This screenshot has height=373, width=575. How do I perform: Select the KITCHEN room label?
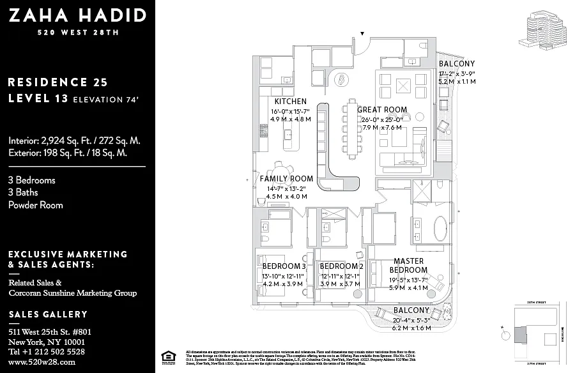(291, 102)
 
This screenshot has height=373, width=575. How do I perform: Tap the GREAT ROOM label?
(382, 110)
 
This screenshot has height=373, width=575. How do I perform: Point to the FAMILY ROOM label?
(286, 179)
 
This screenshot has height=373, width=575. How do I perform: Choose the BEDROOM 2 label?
(342, 266)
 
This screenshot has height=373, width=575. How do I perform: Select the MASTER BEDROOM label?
(409, 266)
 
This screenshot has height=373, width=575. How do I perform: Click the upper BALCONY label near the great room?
(457, 64)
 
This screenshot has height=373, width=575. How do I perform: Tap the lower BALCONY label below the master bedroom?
(411, 311)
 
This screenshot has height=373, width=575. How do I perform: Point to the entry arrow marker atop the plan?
(362, 33)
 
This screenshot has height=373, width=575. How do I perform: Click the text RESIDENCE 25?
(57, 82)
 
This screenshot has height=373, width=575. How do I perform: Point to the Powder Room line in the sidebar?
(35, 205)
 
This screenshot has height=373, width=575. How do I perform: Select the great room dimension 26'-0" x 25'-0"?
(382, 119)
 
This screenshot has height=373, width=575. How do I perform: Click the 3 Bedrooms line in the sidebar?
(32, 180)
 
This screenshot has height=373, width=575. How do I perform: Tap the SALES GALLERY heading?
(48, 314)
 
